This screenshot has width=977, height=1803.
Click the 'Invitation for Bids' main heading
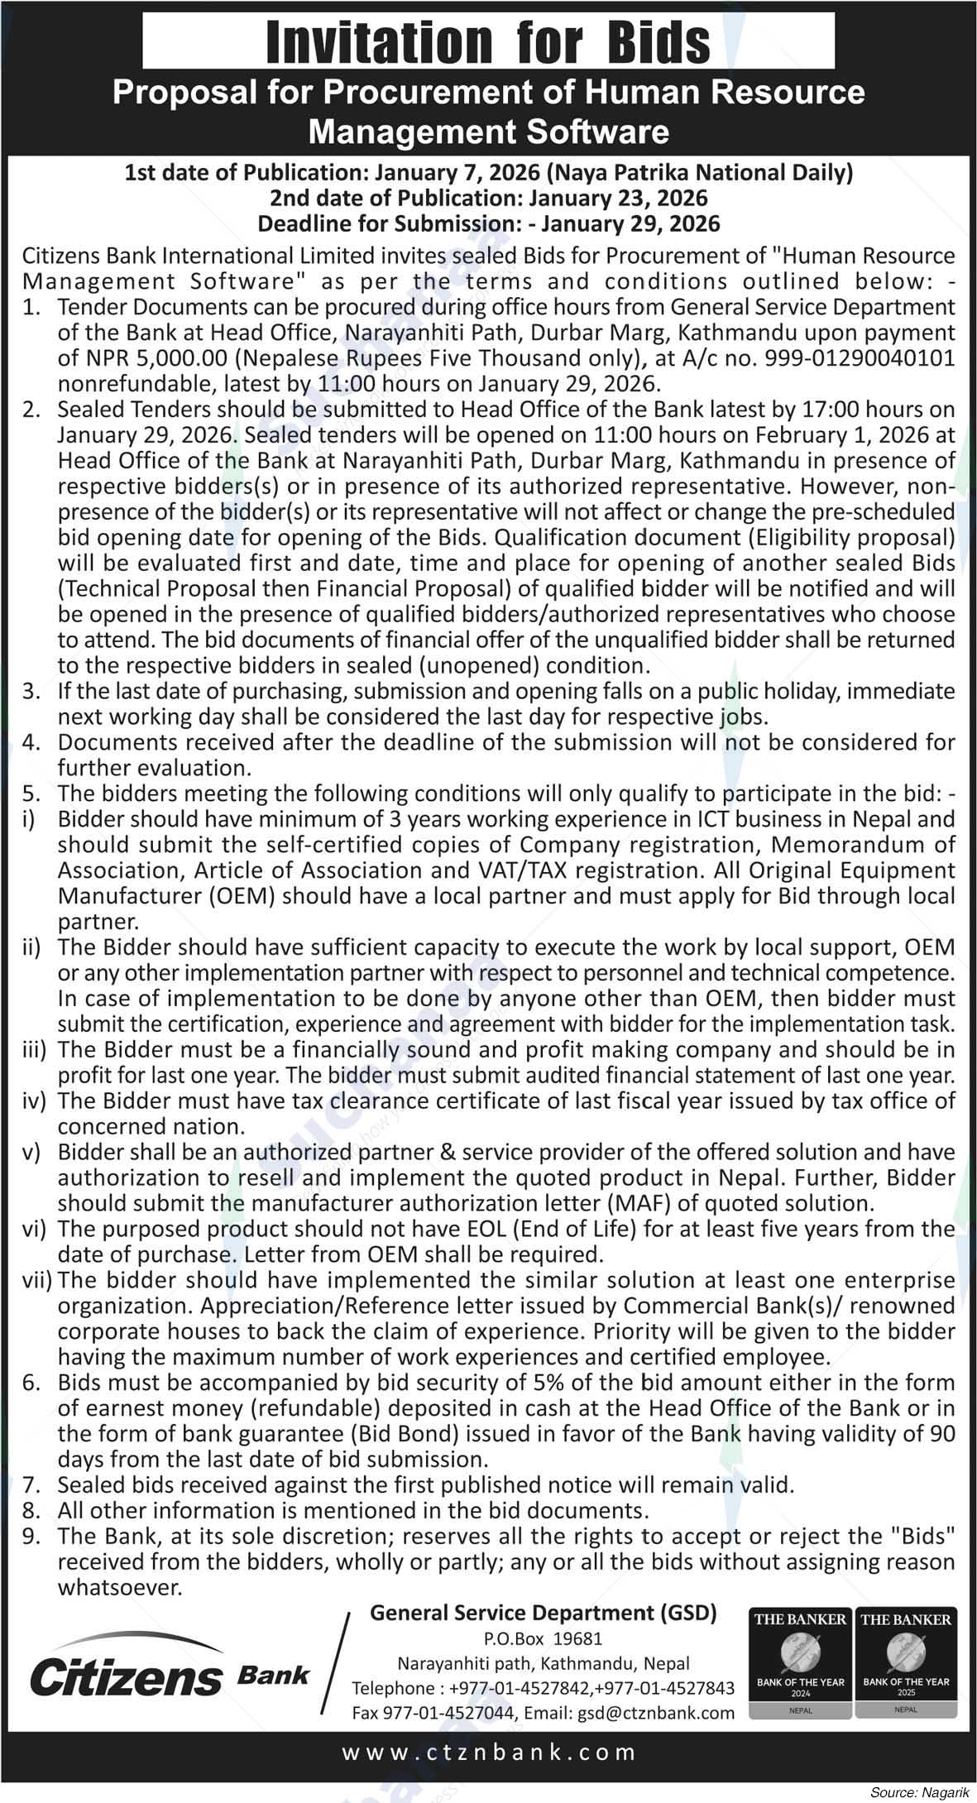point(488,41)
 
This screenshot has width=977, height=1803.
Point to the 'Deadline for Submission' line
point(488,223)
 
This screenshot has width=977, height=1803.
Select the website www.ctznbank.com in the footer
point(488,1752)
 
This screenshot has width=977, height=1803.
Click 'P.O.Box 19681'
point(543,1638)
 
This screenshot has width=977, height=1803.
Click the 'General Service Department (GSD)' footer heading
point(543,1613)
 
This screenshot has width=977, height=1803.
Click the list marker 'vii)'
point(36,1280)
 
